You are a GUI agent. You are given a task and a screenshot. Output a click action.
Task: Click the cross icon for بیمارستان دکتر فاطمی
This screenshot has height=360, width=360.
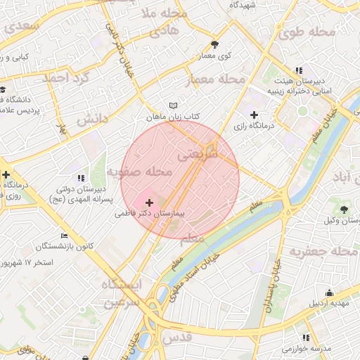148,202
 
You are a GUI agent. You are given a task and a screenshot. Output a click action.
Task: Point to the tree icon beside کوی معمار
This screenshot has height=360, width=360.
224,44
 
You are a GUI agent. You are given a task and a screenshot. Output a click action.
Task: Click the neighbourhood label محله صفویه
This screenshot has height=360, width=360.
139,172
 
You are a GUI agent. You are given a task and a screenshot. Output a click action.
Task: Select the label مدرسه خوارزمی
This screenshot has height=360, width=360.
307,349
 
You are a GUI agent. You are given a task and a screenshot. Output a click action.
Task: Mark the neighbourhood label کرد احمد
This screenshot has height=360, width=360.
67,77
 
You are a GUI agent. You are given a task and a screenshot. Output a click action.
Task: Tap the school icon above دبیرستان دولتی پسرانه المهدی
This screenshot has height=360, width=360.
81,177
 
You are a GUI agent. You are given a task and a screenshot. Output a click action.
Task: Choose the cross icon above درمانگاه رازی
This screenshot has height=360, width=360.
255,114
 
